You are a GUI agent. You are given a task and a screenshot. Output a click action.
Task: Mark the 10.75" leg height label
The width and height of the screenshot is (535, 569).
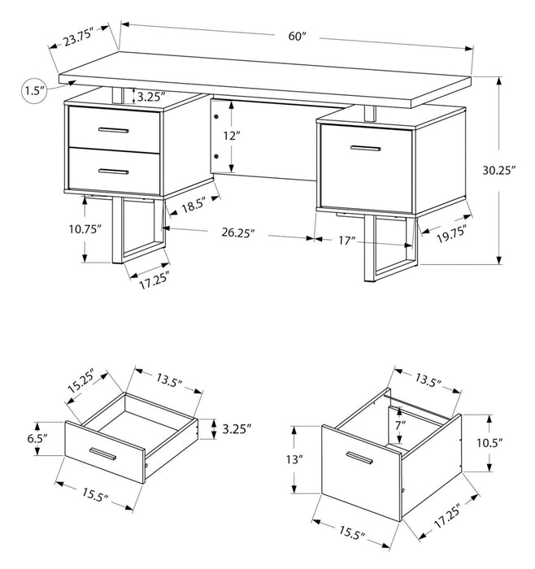(85, 229)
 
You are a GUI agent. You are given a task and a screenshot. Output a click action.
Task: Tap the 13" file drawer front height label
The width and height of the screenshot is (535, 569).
(294, 459)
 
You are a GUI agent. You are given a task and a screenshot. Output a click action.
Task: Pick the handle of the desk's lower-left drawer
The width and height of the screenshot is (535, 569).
(112, 170)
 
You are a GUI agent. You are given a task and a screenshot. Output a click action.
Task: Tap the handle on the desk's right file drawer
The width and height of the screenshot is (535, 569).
(366, 147)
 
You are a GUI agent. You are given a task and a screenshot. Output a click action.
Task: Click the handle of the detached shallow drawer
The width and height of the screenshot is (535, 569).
(106, 453)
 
